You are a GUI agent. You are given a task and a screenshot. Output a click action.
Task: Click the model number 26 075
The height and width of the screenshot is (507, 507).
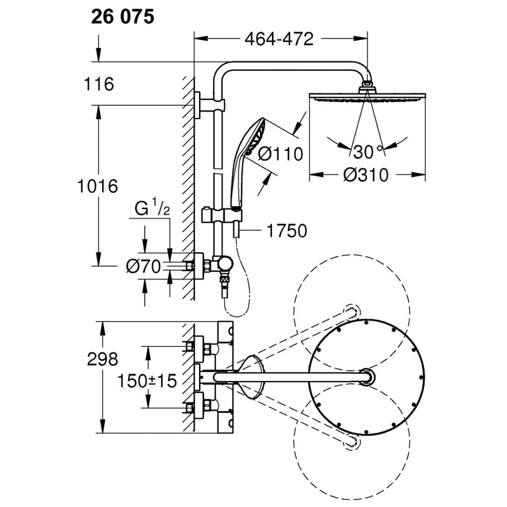[x=122, y=17]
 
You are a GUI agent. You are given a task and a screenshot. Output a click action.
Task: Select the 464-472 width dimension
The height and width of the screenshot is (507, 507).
[x=279, y=39]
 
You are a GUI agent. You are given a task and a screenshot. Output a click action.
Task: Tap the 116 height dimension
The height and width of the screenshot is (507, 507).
[x=99, y=84]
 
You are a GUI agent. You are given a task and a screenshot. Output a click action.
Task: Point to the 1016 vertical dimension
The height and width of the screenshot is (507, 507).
[x=98, y=186]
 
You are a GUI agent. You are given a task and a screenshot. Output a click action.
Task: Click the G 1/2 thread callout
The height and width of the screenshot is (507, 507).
[x=152, y=208]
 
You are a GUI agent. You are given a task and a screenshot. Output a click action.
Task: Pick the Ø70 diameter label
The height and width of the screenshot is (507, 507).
[x=143, y=267]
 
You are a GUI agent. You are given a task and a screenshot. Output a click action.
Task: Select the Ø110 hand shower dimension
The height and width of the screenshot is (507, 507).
[x=280, y=154]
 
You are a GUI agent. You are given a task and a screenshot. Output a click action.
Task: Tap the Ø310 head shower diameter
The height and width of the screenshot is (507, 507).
[x=366, y=175]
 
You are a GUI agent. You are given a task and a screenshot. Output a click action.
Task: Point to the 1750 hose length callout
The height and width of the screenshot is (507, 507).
[x=287, y=231]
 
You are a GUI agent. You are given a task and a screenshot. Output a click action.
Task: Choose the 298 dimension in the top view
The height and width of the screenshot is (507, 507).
[x=103, y=359]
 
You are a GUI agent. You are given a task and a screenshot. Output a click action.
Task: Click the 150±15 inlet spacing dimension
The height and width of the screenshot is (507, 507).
[x=147, y=381]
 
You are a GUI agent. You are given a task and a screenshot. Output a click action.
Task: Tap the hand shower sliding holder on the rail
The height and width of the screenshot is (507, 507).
[x=222, y=215]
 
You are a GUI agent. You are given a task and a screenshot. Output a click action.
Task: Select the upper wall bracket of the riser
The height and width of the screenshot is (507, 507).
[x=210, y=105]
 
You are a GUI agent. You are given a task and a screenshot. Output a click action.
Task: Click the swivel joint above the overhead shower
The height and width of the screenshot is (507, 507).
[x=368, y=86]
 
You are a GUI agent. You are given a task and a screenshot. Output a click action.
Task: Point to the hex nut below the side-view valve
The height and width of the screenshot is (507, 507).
[x=224, y=279]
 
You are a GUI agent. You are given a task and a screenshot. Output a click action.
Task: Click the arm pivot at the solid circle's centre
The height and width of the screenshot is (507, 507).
[x=367, y=377]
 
